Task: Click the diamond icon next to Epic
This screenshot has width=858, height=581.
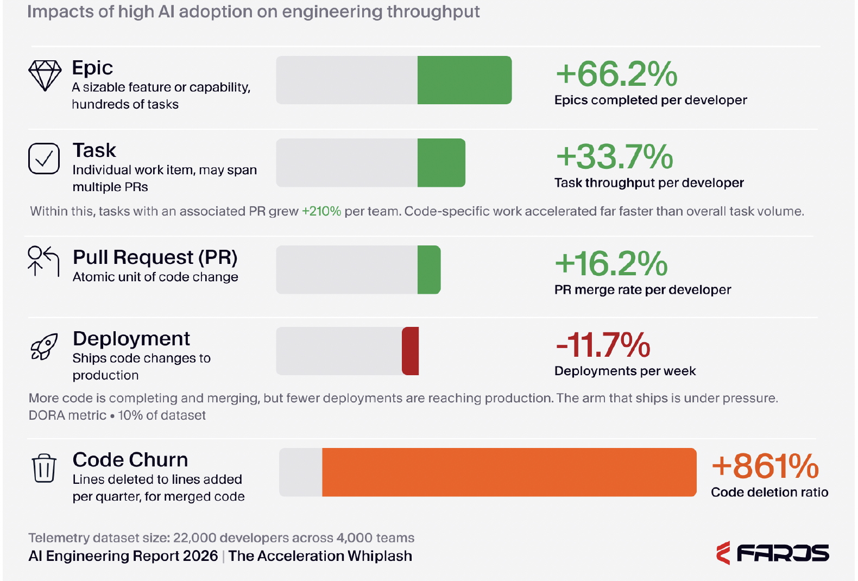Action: pyautogui.click(x=45, y=76)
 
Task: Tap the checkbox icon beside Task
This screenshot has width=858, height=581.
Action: pyautogui.click(x=44, y=159)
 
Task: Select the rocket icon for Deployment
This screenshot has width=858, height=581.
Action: pyautogui.click(x=44, y=346)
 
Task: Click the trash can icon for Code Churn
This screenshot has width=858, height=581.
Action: pyautogui.click(x=44, y=468)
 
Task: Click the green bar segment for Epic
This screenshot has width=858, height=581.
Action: pyautogui.click(x=465, y=80)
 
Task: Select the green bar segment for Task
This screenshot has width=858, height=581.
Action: pyautogui.click(x=441, y=163)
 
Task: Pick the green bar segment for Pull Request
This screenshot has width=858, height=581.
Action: pyautogui.click(x=429, y=270)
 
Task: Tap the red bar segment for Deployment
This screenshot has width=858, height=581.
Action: pyautogui.click(x=410, y=351)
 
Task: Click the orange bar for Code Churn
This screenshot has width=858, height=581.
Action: pyautogui.click(x=509, y=472)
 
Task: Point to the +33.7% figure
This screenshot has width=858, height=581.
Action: pyautogui.click(x=614, y=156)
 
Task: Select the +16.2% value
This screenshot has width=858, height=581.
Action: pyautogui.click(x=611, y=263)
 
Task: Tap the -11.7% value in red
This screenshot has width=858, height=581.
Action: pyautogui.click(x=603, y=345)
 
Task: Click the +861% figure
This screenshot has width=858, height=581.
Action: pyautogui.click(x=765, y=466)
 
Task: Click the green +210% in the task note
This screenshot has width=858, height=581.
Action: pyautogui.click(x=321, y=211)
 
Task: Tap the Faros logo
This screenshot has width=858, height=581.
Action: pyautogui.click(x=773, y=553)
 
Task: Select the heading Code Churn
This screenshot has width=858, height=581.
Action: pyautogui.click(x=130, y=459)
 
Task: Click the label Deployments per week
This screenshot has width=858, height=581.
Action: pyautogui.click(x=625, y=371)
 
